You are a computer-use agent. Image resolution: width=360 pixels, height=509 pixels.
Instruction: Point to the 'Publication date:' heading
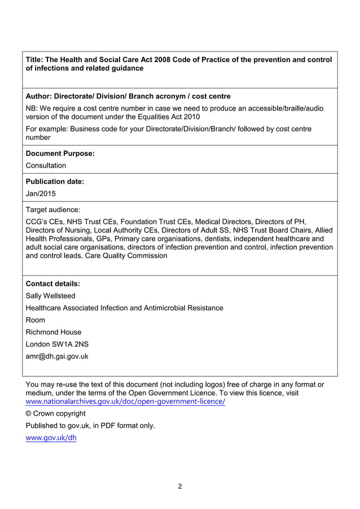pos(55,182)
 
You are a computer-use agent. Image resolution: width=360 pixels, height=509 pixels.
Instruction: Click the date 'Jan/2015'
pos(41,194)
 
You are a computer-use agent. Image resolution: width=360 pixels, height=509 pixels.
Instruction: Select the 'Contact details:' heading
pos(53,284)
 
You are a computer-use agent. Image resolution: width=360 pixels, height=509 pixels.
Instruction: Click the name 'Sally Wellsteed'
pos(51,296)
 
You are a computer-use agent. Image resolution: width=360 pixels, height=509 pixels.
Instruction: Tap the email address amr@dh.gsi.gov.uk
pos(57,356)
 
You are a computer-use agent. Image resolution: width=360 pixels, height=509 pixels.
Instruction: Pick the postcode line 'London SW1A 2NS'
pos(57,344)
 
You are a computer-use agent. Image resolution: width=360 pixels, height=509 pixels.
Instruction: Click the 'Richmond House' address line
pos(54,332)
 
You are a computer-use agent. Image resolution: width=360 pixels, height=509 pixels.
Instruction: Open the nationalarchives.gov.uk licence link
pos(126,401)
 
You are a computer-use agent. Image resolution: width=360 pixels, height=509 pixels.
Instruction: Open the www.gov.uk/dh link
pos(51,438)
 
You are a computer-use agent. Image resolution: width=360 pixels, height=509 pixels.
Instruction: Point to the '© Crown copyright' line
pos(56,414)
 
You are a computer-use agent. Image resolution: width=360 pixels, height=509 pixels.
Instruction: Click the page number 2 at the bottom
pos(180,486)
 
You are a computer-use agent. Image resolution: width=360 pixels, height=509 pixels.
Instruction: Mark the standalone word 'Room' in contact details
pos(36,320)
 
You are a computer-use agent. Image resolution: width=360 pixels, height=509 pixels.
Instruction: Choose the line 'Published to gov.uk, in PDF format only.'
pos(90,425)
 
